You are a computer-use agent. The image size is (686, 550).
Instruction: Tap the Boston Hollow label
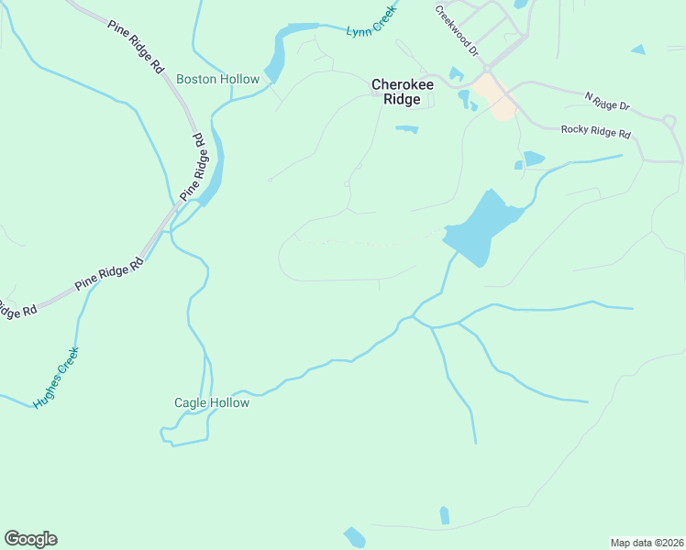[x=217, y=80]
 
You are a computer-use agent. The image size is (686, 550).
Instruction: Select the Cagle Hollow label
[x=212, y=402]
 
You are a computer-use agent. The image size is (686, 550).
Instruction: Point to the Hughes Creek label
[x=57, y=377]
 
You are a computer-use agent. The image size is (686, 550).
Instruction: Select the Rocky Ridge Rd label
[x=596, y=133]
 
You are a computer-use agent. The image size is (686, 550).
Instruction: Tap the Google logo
[x=30, y=539]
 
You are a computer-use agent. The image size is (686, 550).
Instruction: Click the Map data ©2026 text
[x=647, y=542]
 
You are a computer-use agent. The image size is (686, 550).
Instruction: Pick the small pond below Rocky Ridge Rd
[x=532, y=159]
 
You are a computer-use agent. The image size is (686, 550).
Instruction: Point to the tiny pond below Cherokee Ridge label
[x=407, y=129]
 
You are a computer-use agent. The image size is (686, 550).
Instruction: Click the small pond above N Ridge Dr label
[x=638, y=49]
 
